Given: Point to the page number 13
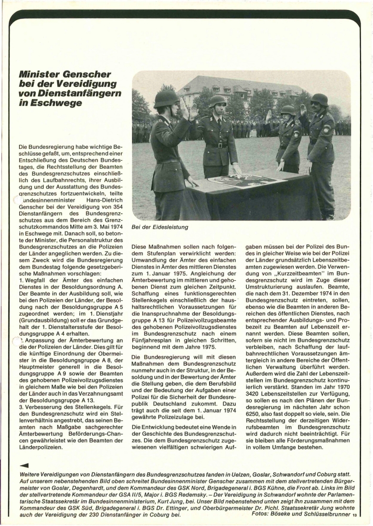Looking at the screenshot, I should click(x=354, y=515).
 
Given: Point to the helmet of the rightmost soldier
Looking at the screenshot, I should click(x=319, y=99).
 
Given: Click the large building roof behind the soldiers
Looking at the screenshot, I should click(x=239, y=84).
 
